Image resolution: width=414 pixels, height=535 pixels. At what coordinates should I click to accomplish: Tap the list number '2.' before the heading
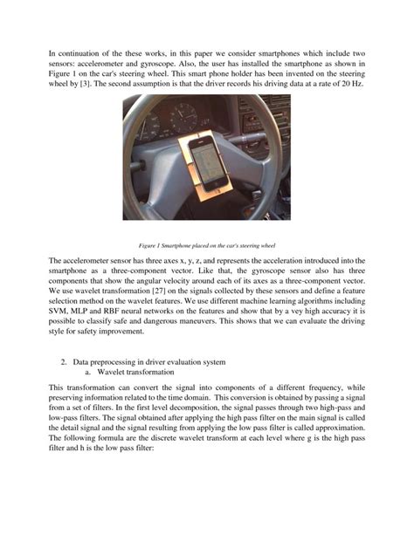coord(65,361)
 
